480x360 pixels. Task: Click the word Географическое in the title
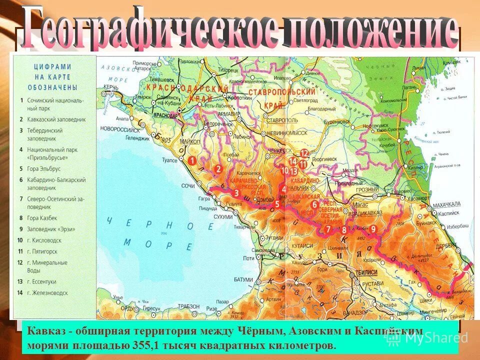pos(150,29)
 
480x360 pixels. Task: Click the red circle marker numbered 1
pos(191,160)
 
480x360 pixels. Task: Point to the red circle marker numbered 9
pos(372,228)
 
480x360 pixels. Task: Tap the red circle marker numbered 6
pos(314,204)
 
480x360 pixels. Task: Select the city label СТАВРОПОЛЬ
pos(282,120)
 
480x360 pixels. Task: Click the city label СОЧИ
pos(188,186)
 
